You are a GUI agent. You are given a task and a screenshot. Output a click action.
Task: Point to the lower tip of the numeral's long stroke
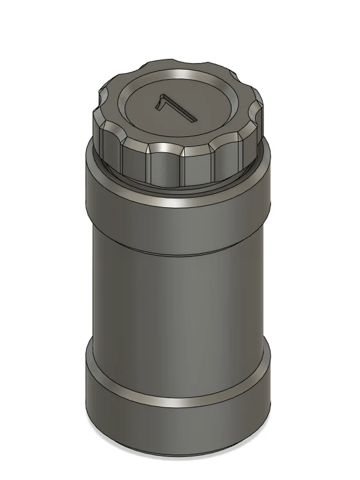[193, 119]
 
